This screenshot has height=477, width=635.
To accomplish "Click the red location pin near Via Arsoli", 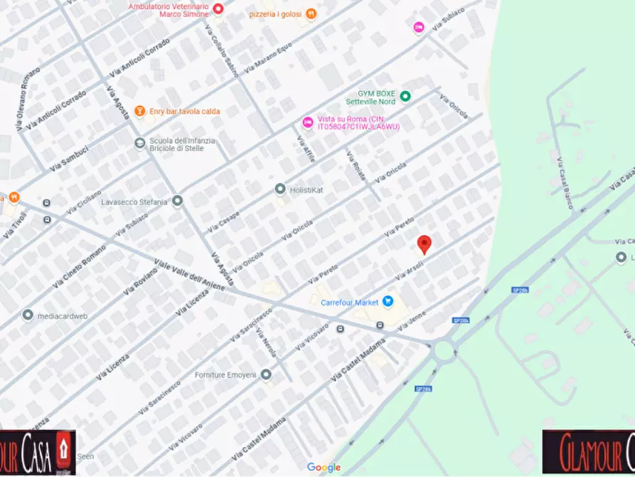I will (424, 243).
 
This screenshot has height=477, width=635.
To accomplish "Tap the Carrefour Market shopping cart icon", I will (388, 302).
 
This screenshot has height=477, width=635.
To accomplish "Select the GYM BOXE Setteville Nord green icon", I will (405, 96).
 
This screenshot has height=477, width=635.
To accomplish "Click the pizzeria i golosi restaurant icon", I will (311, 14).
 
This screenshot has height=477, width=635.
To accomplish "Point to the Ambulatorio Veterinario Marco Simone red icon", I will (218, 9).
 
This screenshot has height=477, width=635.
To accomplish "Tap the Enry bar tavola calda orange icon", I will (140, 111).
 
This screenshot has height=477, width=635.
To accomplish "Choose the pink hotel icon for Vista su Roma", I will (308, 122).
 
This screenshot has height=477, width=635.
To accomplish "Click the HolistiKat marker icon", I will (280, 189).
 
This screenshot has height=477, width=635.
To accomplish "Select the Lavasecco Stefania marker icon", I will (177, 201).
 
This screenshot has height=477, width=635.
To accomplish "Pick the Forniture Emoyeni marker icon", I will (266, 374).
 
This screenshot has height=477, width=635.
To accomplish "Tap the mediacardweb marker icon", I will (28, 315).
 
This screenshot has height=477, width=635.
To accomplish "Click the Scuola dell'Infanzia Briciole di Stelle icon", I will (140, 144).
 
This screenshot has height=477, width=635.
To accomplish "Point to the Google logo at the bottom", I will (324, 467).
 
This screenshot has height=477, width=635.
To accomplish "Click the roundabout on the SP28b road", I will (446, 350).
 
